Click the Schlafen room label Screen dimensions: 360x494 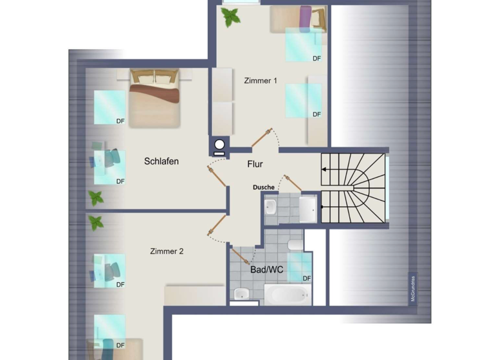[x=161, y=161]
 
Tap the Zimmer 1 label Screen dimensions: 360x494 [x=261, y=81]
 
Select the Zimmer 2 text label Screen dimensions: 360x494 [x=167, y=251]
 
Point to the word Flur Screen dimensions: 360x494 [x=255, y=164]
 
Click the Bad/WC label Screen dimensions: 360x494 [x=266, y=270]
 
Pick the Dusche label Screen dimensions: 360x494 [x=264, y=188]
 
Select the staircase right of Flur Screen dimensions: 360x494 [x=353, y=186]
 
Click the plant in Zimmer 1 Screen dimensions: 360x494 [x=230, y=16]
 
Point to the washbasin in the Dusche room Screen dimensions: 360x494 [x=270, y=207]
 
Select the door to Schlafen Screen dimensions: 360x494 [x=217, y=175]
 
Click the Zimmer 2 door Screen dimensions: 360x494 [x=217, y=225]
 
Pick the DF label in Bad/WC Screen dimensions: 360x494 [x=307, y=278]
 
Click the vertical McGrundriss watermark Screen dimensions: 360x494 [x=412, y=289]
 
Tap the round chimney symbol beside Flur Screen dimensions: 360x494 [x=219, y=145]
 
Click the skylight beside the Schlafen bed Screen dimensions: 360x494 [x=110, y=106]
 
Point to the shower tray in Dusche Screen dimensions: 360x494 [x=308, y=208]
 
